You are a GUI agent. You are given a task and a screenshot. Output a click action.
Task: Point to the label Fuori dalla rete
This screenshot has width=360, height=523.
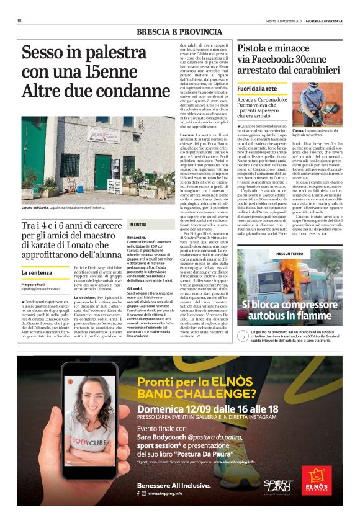pyautogui.click(x=257, y=89)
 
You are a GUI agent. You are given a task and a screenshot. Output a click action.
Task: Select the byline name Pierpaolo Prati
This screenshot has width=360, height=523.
pyautogui.click(x=35, y=283)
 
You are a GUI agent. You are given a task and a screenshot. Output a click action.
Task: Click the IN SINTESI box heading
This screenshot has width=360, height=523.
pyautogui.click(x=137, y=223)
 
